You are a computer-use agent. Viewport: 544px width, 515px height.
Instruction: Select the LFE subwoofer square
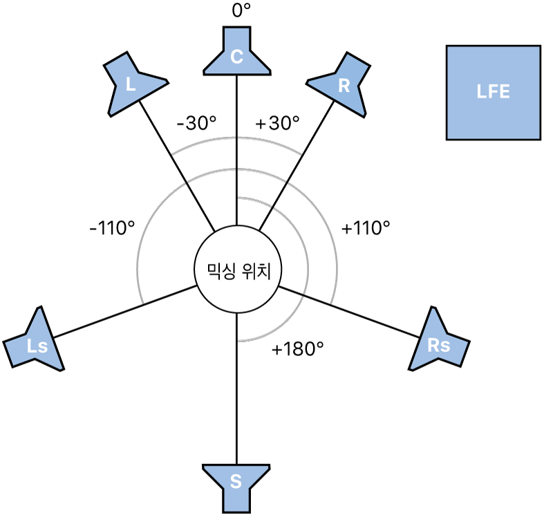493,93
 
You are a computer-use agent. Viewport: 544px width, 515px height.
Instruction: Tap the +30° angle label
278,123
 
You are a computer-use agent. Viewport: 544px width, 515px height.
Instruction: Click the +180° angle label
298,349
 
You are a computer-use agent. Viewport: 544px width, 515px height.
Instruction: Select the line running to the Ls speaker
124,312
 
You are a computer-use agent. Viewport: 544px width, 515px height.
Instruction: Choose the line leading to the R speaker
296,166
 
